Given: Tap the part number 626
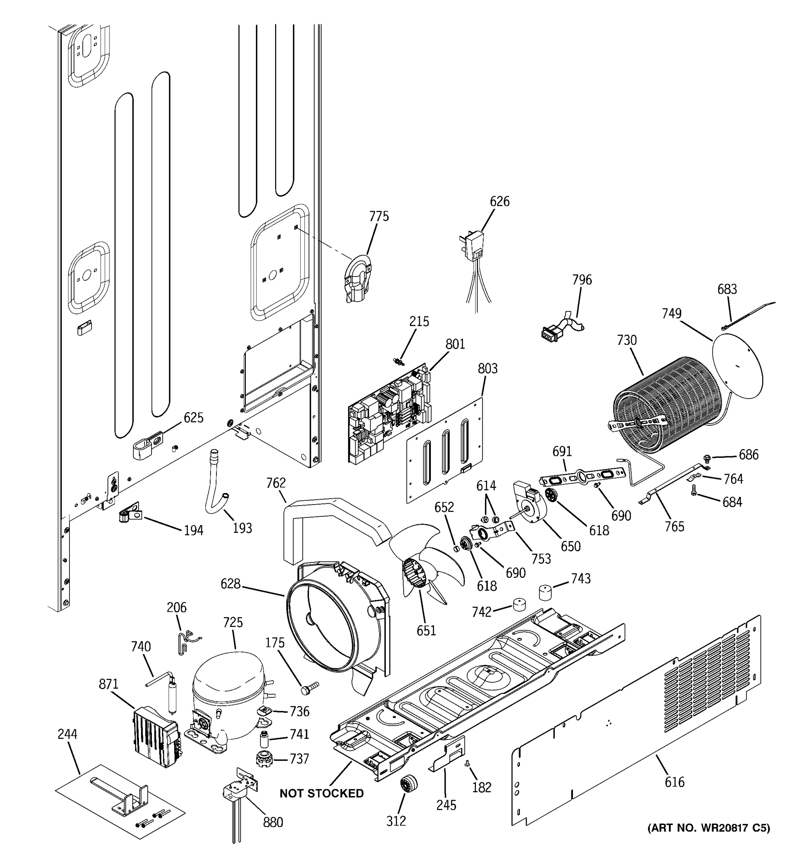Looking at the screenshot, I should pos(499,201).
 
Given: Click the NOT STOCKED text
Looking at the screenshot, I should pos(321,793).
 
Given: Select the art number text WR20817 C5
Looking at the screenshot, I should pos(708,828).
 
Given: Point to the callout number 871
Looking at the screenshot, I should pos(108,684).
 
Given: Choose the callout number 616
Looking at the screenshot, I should pos(674,782).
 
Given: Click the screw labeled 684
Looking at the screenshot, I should pos(694,490).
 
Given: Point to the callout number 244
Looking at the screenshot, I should pos(67,734).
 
